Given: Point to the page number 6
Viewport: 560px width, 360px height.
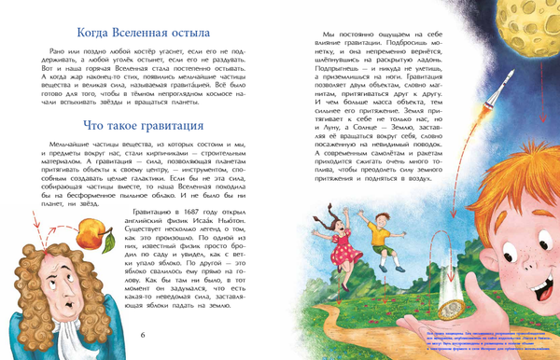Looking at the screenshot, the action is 142,335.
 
